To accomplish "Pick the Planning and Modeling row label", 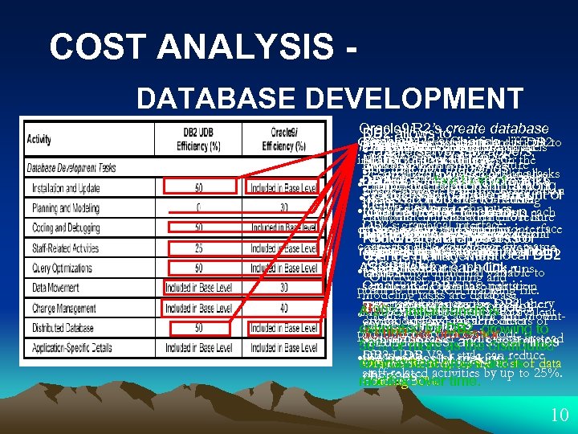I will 65,213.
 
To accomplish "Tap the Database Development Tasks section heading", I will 77,167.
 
